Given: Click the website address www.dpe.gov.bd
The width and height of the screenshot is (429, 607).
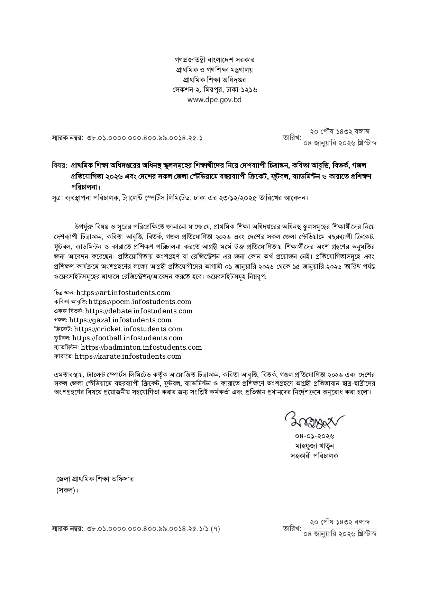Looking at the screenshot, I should click(214, 100).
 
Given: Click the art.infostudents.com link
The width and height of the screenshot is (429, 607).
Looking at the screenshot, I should click(123, 293).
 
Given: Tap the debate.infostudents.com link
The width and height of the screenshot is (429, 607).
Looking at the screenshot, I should click(139, 311).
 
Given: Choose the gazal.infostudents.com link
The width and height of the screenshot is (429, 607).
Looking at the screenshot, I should click(120, 320).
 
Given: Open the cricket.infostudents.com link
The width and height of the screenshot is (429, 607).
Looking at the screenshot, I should click(128, 329).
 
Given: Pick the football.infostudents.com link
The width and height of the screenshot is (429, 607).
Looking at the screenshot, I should click(127, 338).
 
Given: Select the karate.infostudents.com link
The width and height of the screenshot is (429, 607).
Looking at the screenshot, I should click(128, 356).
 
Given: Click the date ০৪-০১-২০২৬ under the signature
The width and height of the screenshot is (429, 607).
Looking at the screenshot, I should click(314, 436).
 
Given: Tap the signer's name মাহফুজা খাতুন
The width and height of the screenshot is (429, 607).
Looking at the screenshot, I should click(314, 446).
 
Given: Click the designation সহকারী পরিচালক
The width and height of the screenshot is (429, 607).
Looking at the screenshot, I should click(314, 456).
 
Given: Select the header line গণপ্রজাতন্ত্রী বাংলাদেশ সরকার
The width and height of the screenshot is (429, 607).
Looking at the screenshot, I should click(214, 60).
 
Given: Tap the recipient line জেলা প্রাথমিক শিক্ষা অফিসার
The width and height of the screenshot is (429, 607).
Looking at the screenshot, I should click(95, 479).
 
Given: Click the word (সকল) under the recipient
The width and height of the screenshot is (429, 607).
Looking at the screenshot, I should click(67, 490).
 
